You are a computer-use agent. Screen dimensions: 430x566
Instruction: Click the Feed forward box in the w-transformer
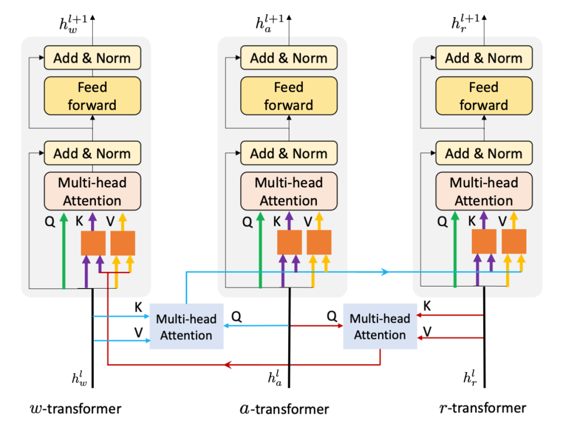pos(92,96)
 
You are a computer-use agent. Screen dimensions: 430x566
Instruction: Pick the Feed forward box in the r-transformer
pos(484,96)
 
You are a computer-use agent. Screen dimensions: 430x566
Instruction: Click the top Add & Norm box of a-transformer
pos(289,58)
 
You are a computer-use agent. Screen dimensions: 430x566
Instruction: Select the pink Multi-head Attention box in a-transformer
pos(289,192)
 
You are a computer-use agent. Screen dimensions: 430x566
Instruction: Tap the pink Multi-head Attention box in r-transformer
pos(484,192)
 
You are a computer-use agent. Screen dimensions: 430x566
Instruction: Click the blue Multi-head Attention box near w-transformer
pos(187,327)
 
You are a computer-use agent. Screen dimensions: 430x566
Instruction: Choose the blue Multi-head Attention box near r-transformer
pos(380,327)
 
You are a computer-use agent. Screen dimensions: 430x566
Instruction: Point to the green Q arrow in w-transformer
pos(63,251)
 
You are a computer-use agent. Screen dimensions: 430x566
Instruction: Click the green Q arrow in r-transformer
pos(455,251)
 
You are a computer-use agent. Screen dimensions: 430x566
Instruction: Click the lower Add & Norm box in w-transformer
pos(92,153)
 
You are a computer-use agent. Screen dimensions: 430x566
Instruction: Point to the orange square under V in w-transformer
pos(123,243)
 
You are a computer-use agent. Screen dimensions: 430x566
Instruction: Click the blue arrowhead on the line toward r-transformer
pos(385,272)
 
